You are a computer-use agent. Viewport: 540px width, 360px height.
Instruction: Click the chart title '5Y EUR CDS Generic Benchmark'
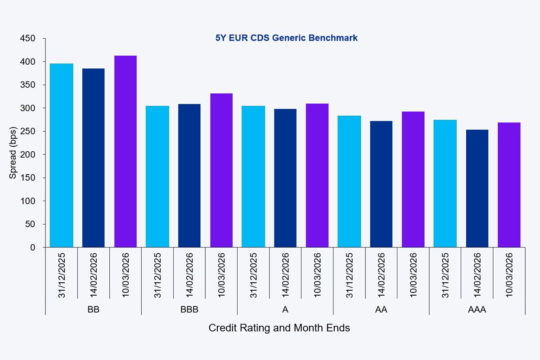point(286,38)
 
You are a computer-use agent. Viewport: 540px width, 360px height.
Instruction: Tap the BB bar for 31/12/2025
point(62,155)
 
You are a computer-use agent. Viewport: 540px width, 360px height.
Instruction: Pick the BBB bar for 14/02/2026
point(189,175)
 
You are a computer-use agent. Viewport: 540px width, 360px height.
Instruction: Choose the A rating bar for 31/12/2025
point(253,176)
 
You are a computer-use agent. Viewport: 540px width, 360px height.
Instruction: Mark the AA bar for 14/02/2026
point(381,184)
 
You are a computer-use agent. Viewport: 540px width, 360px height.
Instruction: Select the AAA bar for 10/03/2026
point(509,184)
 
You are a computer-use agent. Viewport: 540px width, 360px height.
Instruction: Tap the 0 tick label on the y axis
point(32,247)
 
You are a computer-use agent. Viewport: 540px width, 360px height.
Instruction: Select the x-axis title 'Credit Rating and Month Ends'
point(279,328)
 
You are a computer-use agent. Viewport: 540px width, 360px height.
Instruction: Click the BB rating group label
point(94,310)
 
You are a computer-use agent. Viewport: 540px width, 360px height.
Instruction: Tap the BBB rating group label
point(189,310)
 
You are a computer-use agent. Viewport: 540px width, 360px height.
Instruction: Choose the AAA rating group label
point(477,310)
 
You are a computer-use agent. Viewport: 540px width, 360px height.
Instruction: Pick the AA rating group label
point(381,310)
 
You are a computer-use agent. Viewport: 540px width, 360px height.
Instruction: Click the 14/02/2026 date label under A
point(286,274)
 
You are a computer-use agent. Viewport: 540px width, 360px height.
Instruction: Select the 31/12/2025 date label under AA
point(349,274)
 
